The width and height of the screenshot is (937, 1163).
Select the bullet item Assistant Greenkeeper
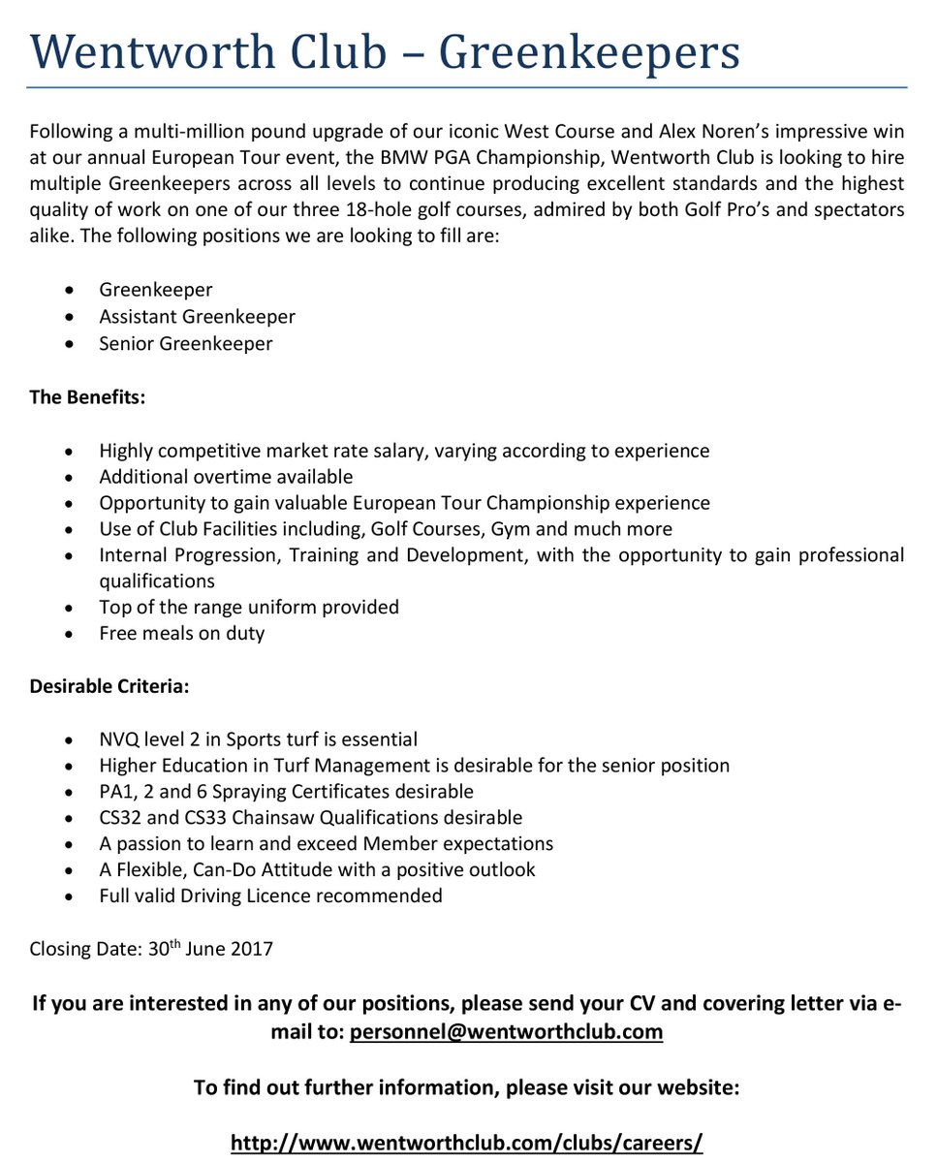197,317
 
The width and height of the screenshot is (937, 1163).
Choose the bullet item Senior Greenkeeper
185,344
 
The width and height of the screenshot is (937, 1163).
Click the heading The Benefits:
86,398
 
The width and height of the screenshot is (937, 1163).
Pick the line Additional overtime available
226,477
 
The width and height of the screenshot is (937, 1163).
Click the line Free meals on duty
181,634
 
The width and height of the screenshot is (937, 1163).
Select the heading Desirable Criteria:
109,687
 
